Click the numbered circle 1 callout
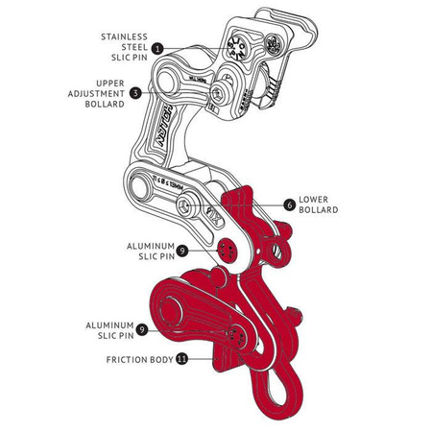tap(156, 47)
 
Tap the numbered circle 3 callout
tap(135, 92)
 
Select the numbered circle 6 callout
tap(289, 204)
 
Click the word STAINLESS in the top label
tap(123, 36)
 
